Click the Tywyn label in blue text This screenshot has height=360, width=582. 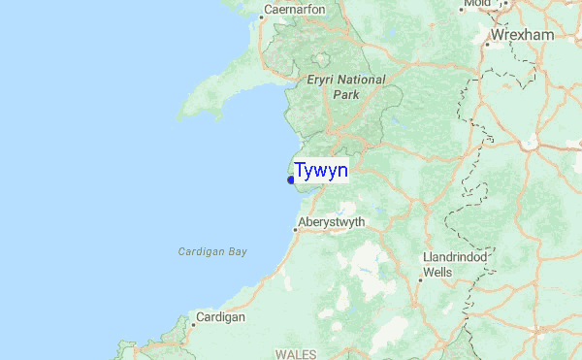click(x=321, y=171)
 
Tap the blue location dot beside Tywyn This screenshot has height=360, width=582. click(x=291, y=180)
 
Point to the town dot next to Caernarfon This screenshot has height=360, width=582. click(x=264, y=16)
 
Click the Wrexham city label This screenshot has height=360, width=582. click(x=522, y=35)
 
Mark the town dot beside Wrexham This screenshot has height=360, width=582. click(x=486, y=43)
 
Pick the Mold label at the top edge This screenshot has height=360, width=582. click(x=477, y=4)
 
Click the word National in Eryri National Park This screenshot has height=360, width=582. click(x=362, y=80)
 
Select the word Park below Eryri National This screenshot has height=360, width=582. click(x=345, y=95)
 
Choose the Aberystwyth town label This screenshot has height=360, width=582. click(x=332, y=222)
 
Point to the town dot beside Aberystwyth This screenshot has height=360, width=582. click(x=295, y=230)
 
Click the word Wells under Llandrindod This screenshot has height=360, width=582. click(x=437, y=273)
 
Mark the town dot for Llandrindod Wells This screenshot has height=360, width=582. click(x=420, y=278)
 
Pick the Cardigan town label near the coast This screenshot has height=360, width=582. click(x=220, y=316)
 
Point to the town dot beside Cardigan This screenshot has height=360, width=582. click(x=192, y=324)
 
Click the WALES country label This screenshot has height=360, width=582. click(x=296, y=354)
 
